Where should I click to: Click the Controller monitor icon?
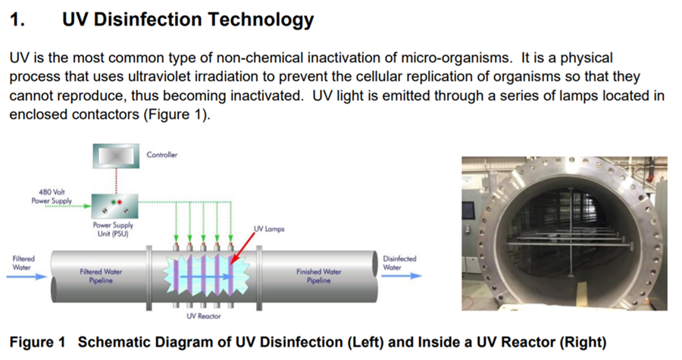[116, 156]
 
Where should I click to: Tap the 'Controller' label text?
[162, 155]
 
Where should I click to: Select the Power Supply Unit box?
[115, 206]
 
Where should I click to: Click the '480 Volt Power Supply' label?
[52, 196]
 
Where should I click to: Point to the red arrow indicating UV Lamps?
[242, 248]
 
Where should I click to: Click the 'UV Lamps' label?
[269, 229]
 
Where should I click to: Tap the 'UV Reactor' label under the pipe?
[204, 316]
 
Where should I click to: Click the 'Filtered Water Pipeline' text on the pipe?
[101, 276]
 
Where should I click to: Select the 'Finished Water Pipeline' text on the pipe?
[319, 276]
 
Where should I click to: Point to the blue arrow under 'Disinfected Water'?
[402, 276]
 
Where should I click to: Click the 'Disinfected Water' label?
[399, 263]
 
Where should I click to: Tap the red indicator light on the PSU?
[119, 202]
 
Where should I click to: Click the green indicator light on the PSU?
[113, 202]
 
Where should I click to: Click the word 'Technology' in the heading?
[261, 20]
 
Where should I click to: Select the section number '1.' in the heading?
[17, 20]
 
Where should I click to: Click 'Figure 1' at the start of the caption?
[37, 342]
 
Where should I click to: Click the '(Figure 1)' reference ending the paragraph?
[177, 114]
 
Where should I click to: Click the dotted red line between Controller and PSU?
[116, 181]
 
